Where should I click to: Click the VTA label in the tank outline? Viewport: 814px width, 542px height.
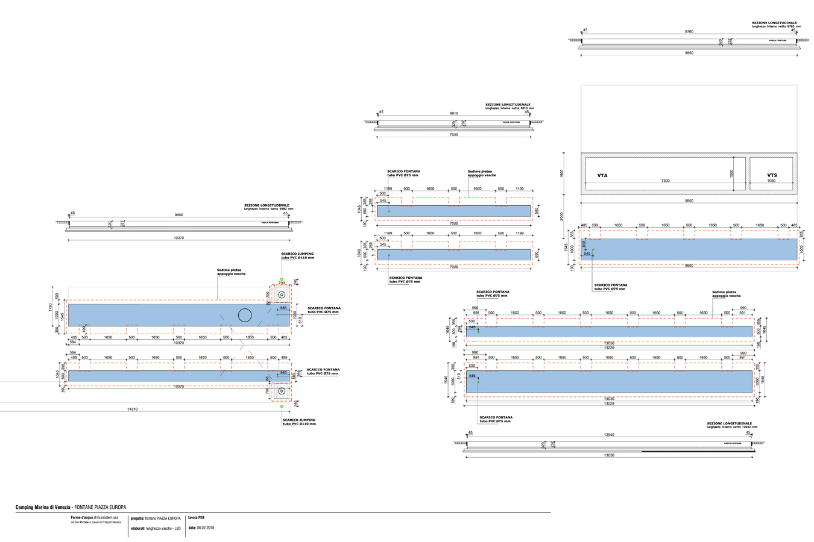pos(602,176)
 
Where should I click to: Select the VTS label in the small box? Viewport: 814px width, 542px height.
pos(772,176)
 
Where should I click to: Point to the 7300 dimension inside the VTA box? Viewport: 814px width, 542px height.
pos(665,181)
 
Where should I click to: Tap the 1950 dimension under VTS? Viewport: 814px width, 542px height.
pos(771,181)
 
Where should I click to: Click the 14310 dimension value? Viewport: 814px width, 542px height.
pos(132,409)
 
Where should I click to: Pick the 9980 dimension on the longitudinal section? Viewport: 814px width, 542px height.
pos(178,215)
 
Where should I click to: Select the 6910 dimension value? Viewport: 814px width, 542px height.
pos(453,113)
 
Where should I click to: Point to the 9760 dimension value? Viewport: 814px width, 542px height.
pos(689,31)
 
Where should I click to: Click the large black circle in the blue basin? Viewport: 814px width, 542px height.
pos(244,315)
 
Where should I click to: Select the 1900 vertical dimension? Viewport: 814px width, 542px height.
pos(562,173)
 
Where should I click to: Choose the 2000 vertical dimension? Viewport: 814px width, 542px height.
pos(562,216)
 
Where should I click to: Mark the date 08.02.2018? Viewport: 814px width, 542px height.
pos(205,528)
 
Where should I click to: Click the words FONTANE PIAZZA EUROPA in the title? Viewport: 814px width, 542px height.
pos(100,508)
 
